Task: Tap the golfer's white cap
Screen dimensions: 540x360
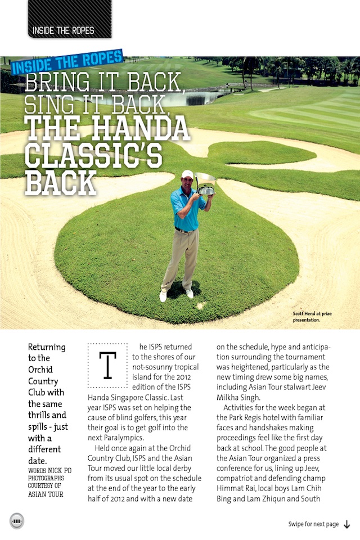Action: coord(187,174)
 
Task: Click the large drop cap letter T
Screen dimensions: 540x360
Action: coord(107,365)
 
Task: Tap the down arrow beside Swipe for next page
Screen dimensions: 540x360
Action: coord(347,524)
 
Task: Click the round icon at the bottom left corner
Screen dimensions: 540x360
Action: coord(17,521)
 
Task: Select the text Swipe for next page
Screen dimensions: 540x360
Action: coord(313,524)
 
